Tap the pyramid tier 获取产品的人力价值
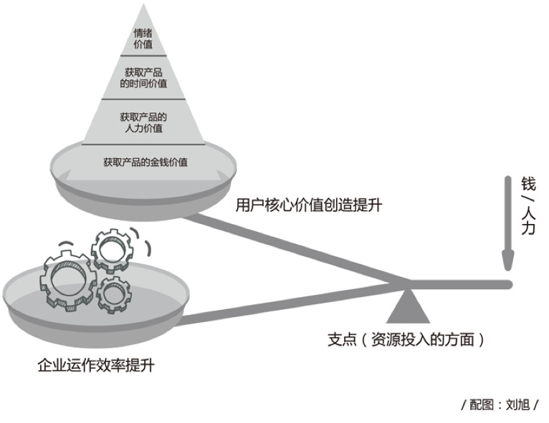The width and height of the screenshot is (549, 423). pyautogui.click(x=143, y=122)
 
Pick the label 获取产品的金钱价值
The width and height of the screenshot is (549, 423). pyautogui.click(x=145, y=162)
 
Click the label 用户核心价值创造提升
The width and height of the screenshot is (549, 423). pyautogui.click(x=309, y=205)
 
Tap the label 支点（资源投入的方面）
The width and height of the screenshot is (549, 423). pyautogui.click(x=401, y=340)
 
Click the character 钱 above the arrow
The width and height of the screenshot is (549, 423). pyautogui.click(x=528, y=183)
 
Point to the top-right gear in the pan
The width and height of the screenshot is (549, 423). pyautogui.click(x=113, y=248)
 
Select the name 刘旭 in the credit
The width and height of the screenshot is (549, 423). pyautogui.click(x=517, y=404)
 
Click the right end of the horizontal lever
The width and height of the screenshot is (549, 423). pyautogui.click(x=509, y=284)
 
